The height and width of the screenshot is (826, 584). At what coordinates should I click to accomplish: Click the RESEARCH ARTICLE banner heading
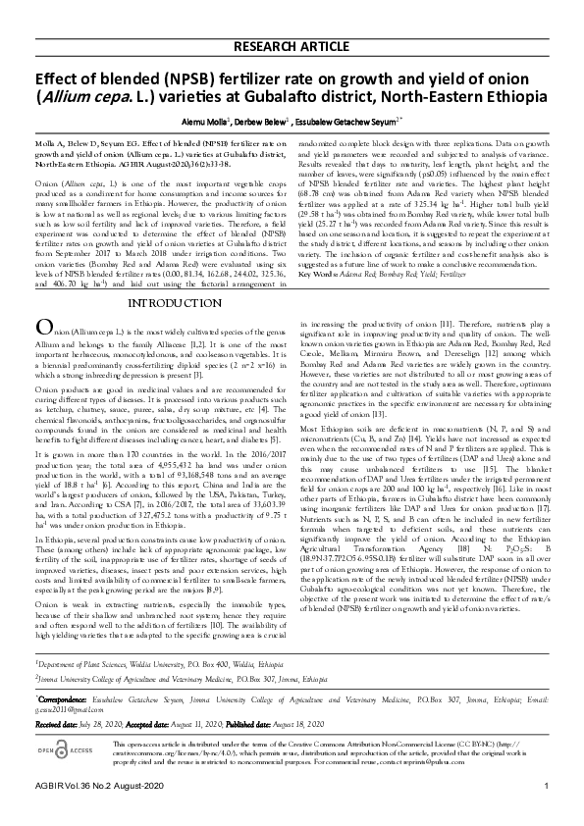(x=292, y=46)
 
